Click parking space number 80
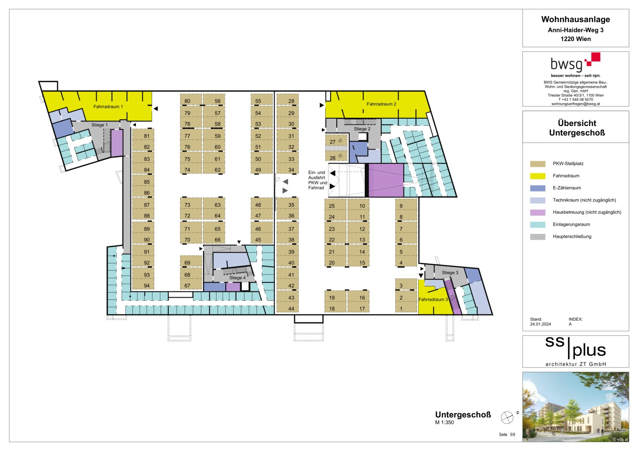click(187, 101)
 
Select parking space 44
click(291, 309)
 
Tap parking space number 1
click(401, 309)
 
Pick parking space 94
click(147, 286)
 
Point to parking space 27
click(333, 142)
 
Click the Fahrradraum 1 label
click(108, 107)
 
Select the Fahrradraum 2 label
click(381, 104)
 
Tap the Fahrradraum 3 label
click(433, 299)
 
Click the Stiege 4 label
click(237, 278)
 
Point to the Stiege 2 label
click(362, 129)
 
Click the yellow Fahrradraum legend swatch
click(538, 176)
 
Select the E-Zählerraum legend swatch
click(538, 188)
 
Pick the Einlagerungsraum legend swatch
click(538, 224)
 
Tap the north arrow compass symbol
click(507, 417)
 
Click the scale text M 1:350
click(445, 423)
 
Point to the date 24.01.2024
click(540, 324)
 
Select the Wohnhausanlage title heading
click(575, 20)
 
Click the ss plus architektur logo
click(575, 351)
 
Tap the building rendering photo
click(575, 407)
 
